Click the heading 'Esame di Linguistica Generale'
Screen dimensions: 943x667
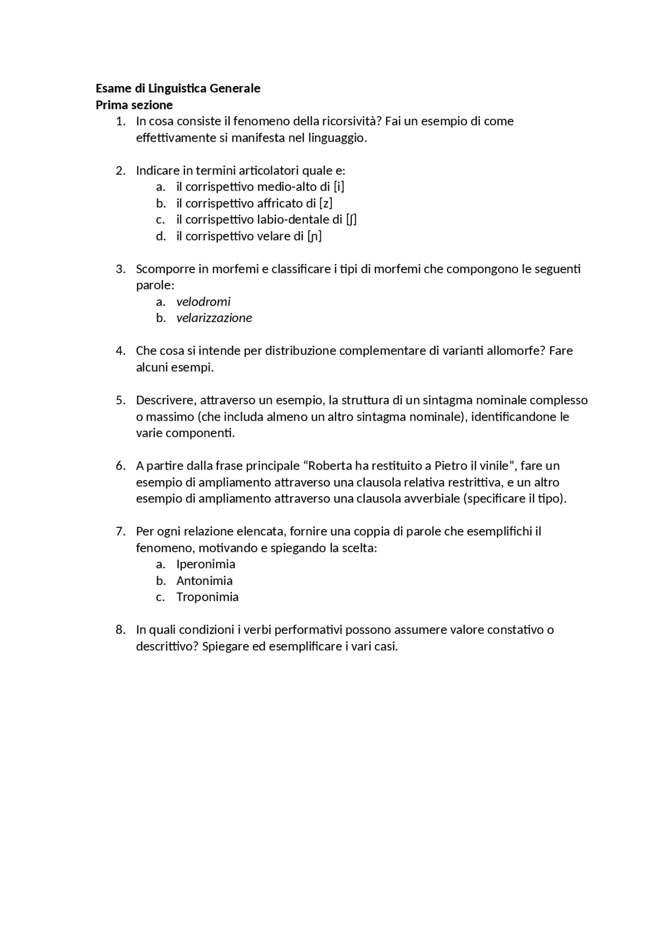(x=178, y=88)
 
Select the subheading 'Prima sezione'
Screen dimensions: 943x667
(x=134, y=105)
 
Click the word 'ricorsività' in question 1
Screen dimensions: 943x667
(x=352, y=121)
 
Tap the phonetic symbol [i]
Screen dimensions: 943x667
(x=339, y=186)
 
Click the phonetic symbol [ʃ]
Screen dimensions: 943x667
(x=351, y=219)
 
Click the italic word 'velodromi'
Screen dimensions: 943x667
(x=203, y=301)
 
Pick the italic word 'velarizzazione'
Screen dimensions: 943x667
(x=214, y=318)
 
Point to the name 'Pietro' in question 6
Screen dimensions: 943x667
(x=451, y=466)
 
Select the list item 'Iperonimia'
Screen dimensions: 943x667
(x=205, y=564)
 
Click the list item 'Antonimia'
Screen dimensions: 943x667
(x=204, y=581)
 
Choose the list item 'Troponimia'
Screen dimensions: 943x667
(x=207, y=597)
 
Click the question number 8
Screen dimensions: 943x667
(x=120, y=630)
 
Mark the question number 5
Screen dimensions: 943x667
(x=120, y=400)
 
